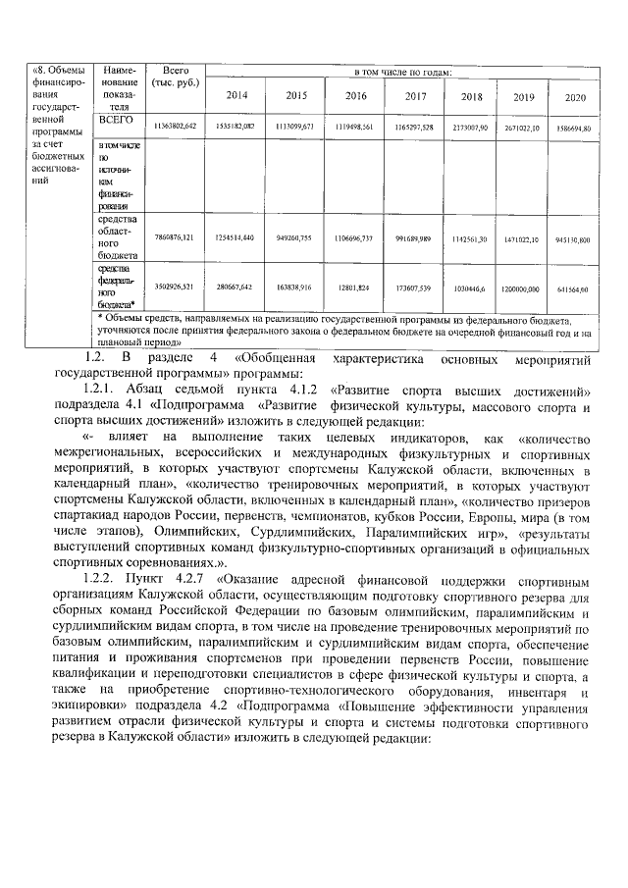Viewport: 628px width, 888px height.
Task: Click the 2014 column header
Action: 236,95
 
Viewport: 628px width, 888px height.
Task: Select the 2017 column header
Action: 414,95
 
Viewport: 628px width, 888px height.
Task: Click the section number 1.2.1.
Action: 103,390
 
